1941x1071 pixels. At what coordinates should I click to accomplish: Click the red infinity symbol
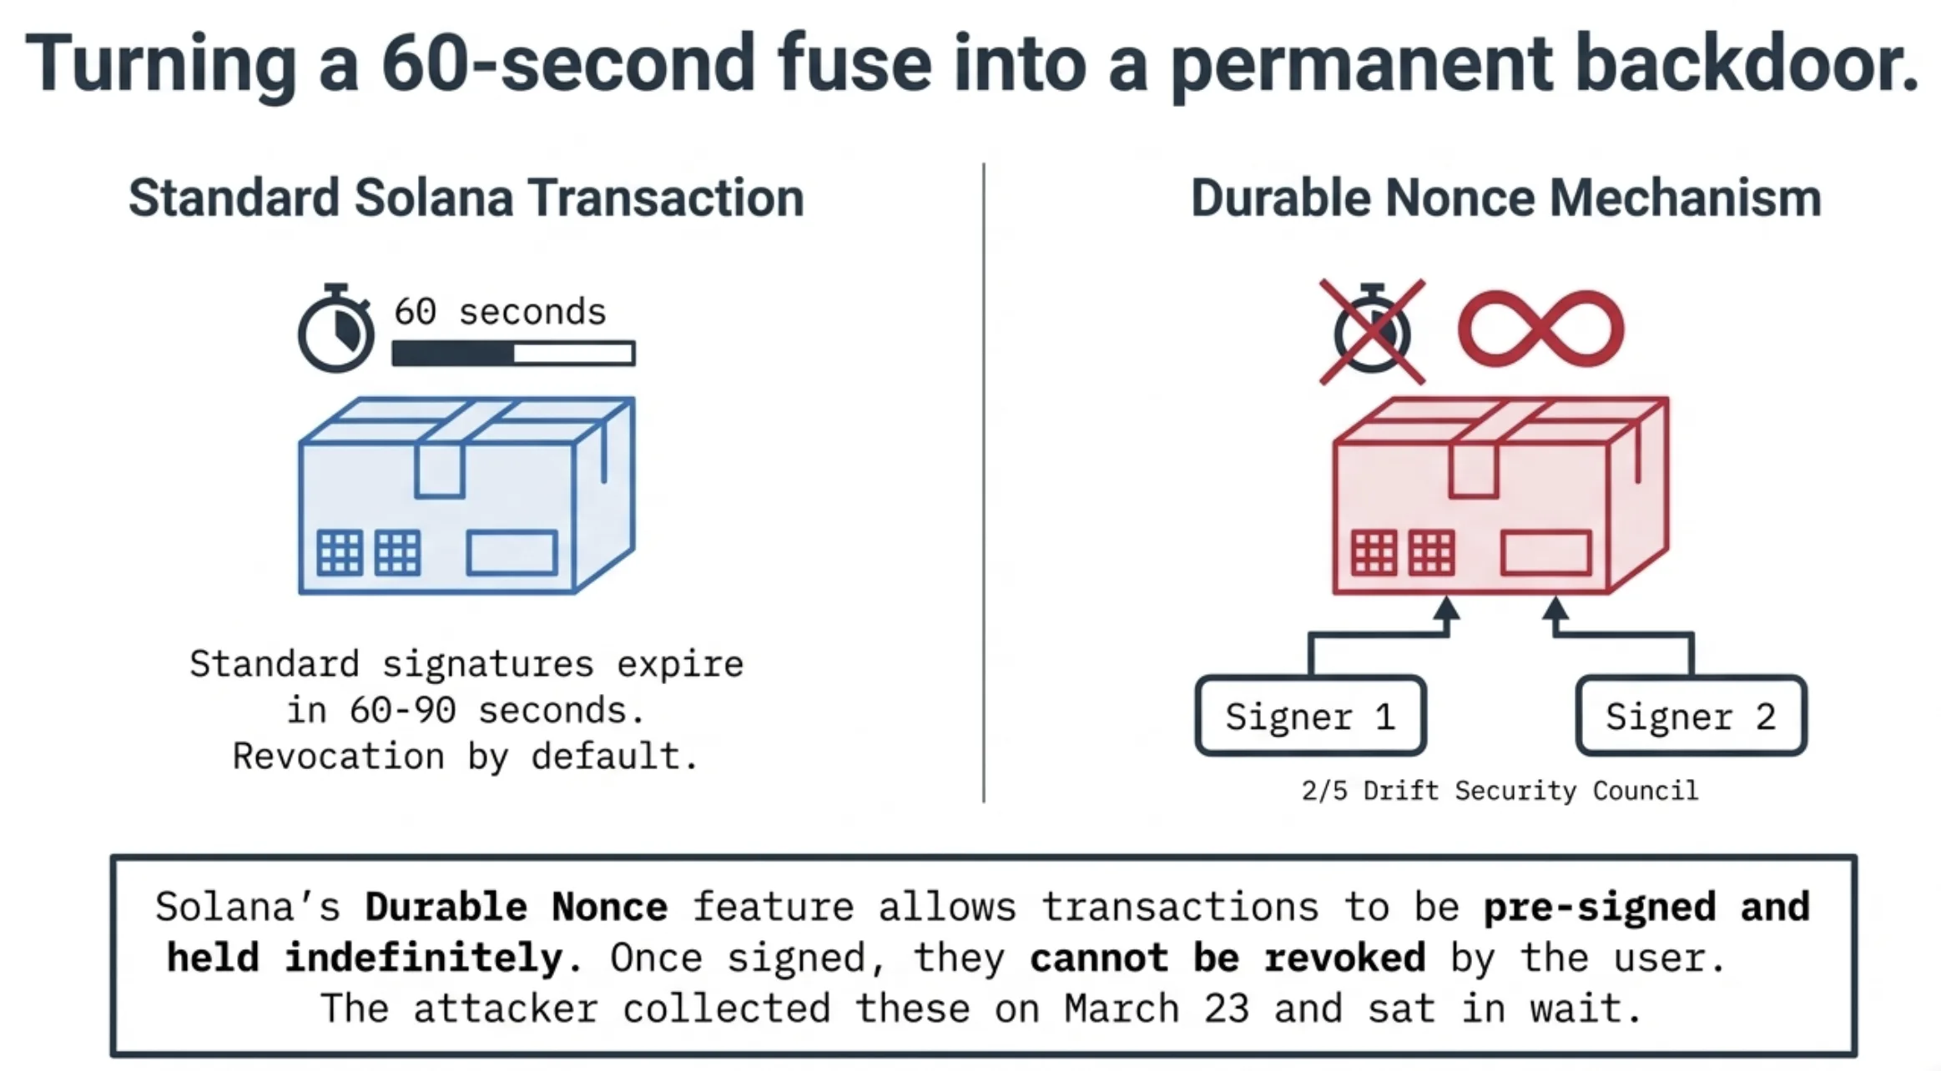[x=1540, y=329]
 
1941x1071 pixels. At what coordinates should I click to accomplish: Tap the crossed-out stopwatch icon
[x=1372, y=332]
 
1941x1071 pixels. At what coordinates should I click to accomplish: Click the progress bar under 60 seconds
[x=513, y=353]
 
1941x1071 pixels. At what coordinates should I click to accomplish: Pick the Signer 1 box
[x=1310, y=716]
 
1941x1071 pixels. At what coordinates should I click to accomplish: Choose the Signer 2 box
[x=1691, y=716]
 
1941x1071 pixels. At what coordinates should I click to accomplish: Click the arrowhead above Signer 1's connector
[x=1447, y=609]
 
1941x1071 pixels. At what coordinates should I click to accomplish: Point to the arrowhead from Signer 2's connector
[x=1555, y=609]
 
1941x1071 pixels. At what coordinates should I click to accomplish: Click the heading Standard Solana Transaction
[x=466, y=199]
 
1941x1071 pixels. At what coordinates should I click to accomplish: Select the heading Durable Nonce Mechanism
[x=1505, y=199]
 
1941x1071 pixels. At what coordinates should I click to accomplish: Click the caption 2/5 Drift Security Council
[x=1500, y=790]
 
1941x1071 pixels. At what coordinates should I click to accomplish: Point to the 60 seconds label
[x=500, y=312]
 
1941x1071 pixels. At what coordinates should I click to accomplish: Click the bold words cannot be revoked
[x=1227, y=958]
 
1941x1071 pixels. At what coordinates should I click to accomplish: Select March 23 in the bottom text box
[x=1156, y=1008]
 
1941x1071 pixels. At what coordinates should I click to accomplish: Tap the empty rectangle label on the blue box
[x=512, y=553]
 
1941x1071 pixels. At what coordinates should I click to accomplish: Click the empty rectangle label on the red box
[x=1545, y=553]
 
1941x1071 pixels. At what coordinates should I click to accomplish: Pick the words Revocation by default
[x=465, y=757]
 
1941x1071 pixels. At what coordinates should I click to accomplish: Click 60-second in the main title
[x=567, y=63]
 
